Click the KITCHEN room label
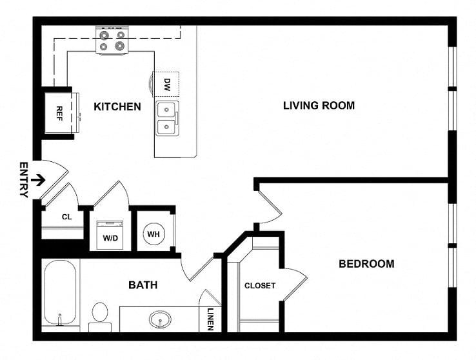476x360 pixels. [117, 106]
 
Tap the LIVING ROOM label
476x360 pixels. [319, 105]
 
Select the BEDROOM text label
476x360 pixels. [366, 263]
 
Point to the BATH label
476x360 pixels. [143, 285]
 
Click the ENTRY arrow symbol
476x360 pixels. [38, 180]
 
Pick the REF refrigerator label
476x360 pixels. [59, 114]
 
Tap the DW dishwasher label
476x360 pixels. [167, 85]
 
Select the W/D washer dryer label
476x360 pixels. [110, 238]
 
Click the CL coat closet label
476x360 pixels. [67, 217]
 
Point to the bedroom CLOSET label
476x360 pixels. [260, 286]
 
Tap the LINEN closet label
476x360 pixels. [210, 319]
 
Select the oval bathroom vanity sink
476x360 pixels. [160, 319]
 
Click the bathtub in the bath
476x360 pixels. [60, 293]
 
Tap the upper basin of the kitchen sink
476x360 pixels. [166, 110]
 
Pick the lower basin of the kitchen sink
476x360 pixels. [166, 126]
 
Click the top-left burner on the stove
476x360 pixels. [104, 35]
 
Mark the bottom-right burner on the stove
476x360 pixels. [119, 46]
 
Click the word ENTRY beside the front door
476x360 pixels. [24, 180]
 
